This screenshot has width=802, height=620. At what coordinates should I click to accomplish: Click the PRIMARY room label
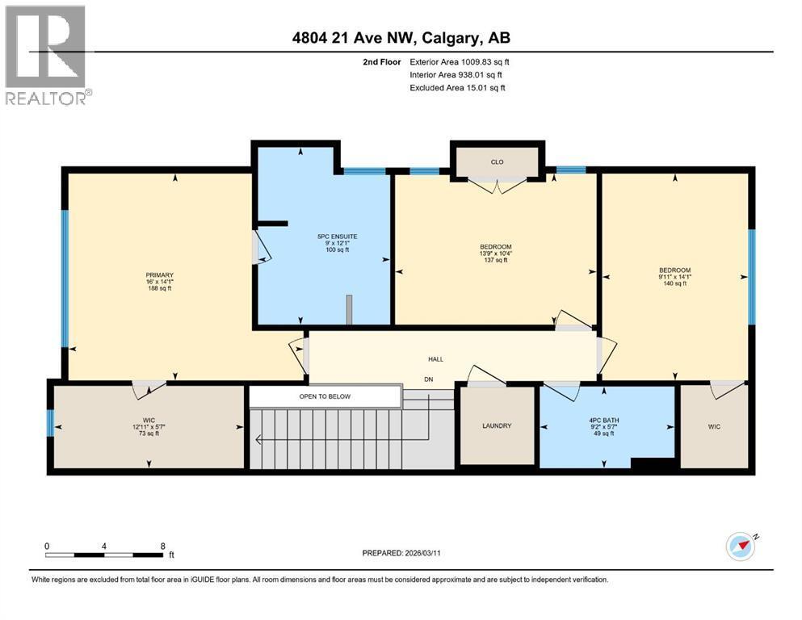pyautogui.click(x=160, y=275)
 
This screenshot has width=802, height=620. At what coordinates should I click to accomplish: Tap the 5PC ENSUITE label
pyautogui.click(x=337, y=237)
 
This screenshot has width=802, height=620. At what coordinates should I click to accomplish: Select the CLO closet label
pyautogui.click(x=497, y=162)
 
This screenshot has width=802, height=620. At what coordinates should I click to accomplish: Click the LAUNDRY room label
pyautogui.click(x=497, y=425)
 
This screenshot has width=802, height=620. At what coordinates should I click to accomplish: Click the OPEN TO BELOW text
pyautogui.click(x=325, y=396)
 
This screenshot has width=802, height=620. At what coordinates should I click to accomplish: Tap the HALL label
pyautogui.click(x=435, y=359)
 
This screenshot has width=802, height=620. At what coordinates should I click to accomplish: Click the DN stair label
pyautogui.click(x=429, y=378)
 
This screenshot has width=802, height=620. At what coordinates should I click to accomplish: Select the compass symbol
pyautogui.click(x=741, y=547)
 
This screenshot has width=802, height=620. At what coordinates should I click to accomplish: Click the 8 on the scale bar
pyautogui.click(x=163, y=545)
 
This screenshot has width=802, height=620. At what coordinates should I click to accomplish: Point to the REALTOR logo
pyautogui.click(x=46, y=55)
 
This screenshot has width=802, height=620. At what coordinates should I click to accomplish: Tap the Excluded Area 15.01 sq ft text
pyautogui.click(x=457, y=87)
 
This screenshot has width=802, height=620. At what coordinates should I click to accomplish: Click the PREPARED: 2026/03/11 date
pyautogui.click(x=402, y=553)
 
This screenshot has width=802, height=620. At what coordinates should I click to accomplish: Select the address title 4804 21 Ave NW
pyautogui.click(x=401, y=38)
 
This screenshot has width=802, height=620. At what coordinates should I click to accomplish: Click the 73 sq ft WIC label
pyautogui.click(x=149, y=434)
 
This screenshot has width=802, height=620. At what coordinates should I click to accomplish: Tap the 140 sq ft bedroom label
pyautogui.click(x=674, y=283)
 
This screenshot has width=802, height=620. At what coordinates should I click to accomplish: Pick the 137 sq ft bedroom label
pyautogui.click(x=496, y=260)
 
